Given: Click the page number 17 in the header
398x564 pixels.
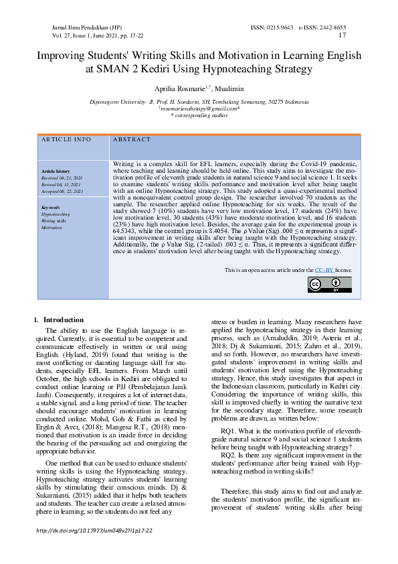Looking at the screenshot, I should (342, 35).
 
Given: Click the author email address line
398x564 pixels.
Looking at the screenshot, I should (199, 109).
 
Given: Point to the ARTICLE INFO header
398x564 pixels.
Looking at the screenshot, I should (66, 139).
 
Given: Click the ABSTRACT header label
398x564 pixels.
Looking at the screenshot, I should (132, 139).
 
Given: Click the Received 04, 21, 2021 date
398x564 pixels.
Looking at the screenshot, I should (62, 178).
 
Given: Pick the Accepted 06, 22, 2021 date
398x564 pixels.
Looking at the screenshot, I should (62, 192).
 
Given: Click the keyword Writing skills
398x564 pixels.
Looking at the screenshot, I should (54, 221).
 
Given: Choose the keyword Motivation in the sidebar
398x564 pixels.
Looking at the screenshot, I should (52, 228).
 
